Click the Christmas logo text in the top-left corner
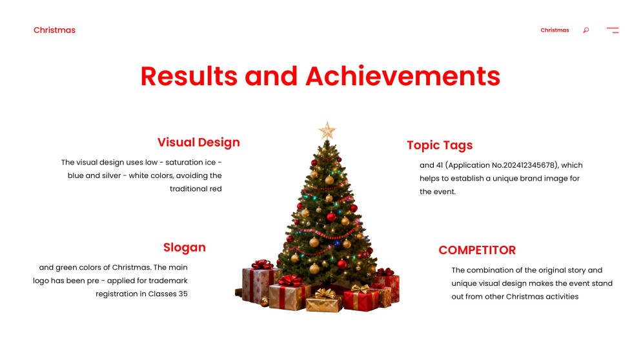coord(54,30)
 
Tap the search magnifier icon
coord(586,30)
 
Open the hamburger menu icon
coord(613,30)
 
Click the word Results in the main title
coord(189,76)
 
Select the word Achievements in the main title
coord(403,76)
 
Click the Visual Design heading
coord(198,143)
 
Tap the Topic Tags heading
coord(440,145)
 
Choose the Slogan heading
coord(185,247)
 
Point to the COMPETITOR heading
coord(477,250)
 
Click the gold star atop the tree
coord(327,130)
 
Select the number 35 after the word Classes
coord(183,294)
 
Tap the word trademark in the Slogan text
coord(168,281)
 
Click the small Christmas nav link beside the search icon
coord(555,30)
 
